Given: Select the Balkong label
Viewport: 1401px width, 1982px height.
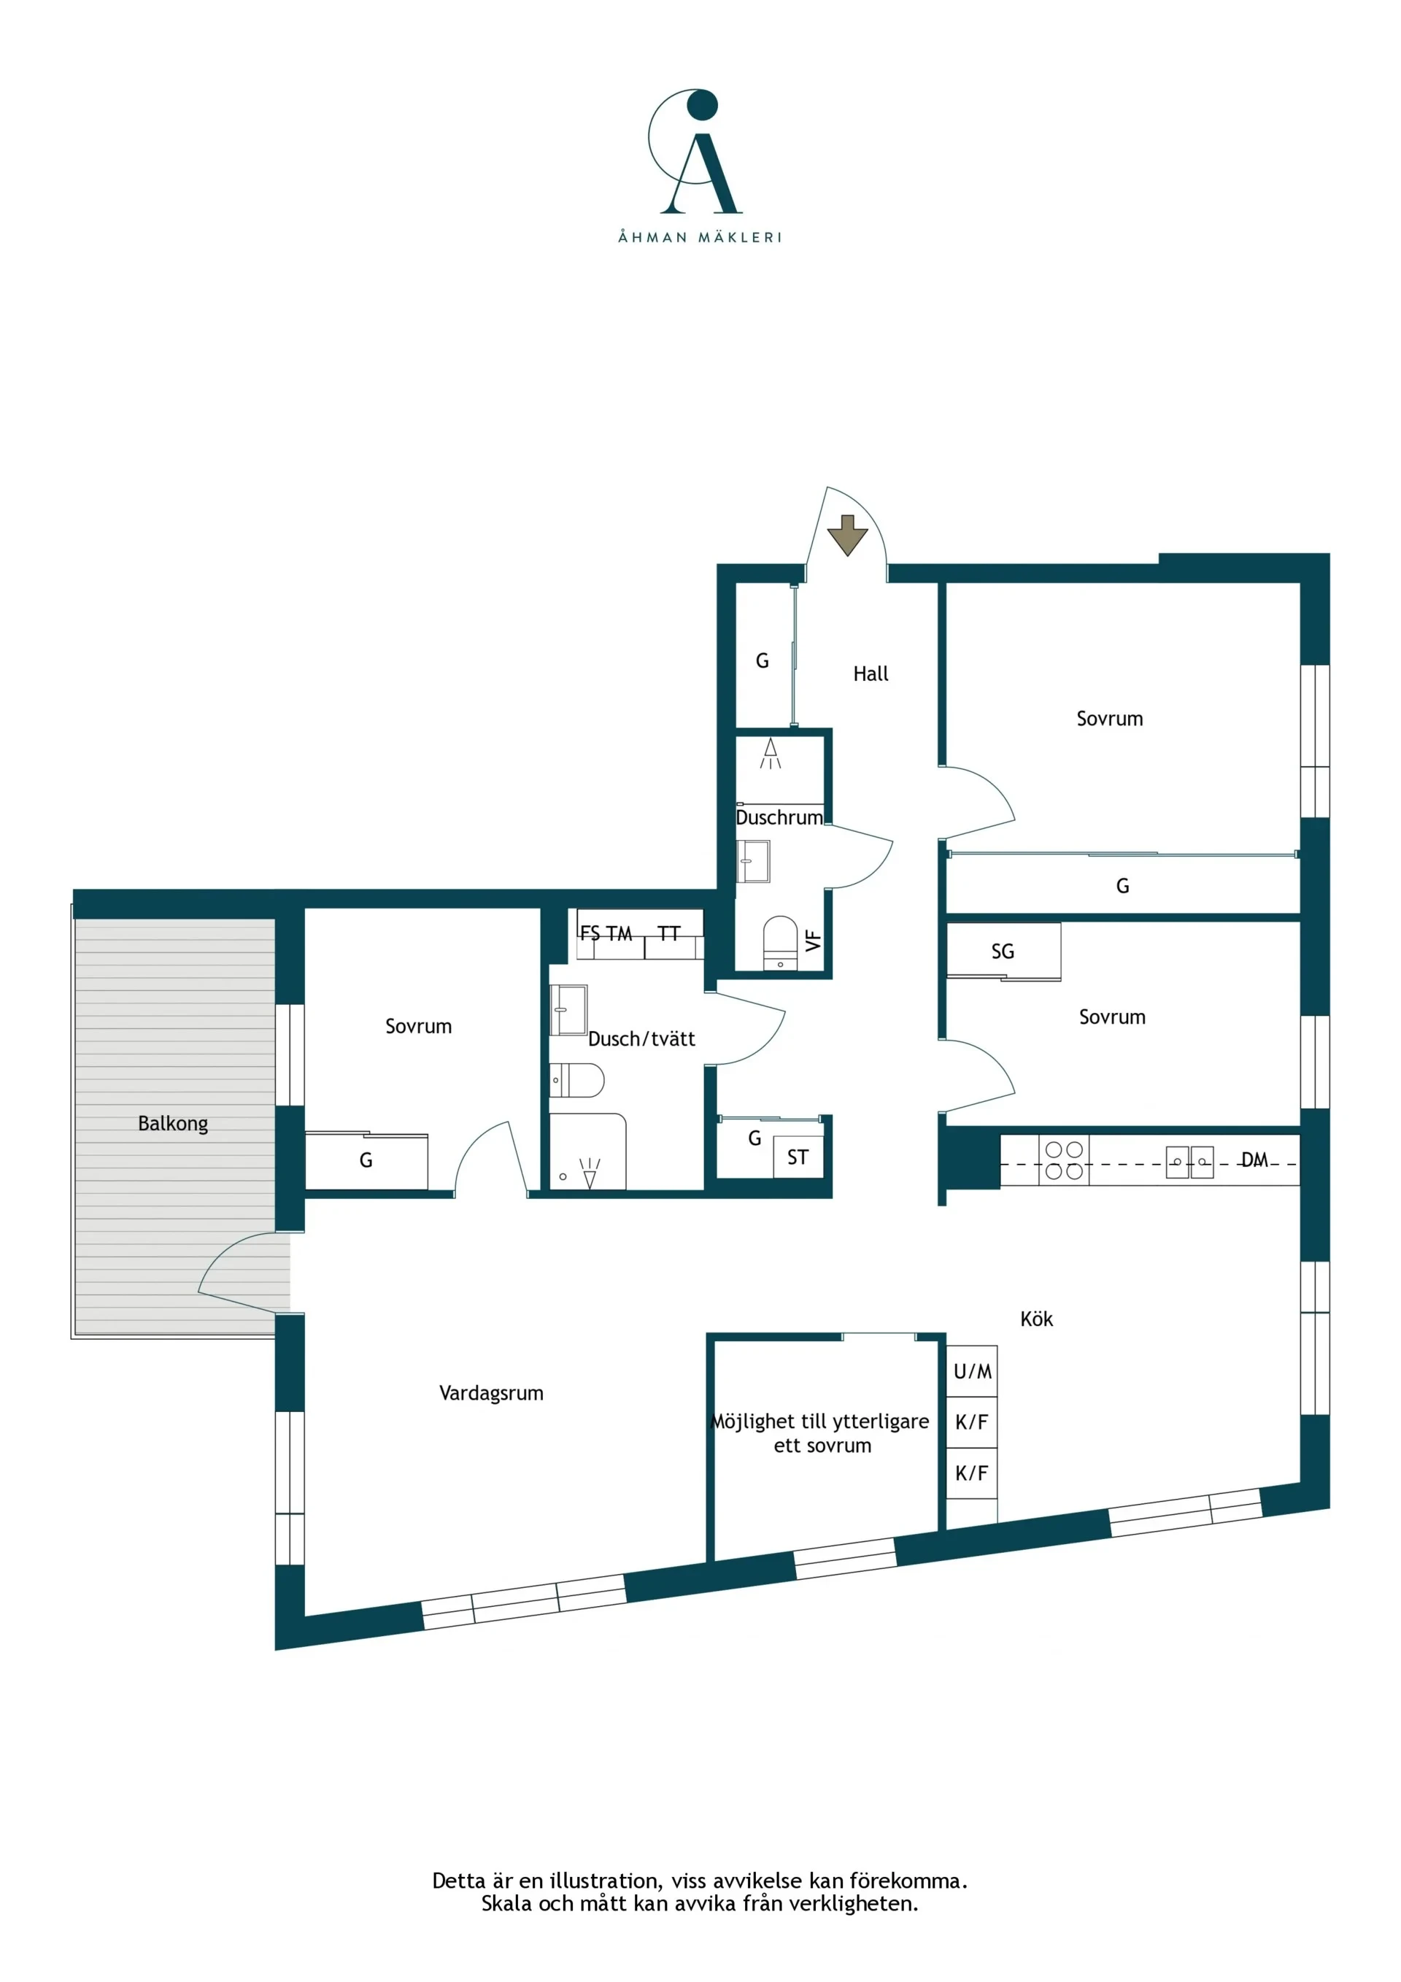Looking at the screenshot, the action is tap(173, 1124).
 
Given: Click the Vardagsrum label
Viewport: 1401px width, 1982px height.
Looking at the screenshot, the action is tap(491, 1392).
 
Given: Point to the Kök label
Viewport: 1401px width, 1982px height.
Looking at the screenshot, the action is tap(1036, 1318).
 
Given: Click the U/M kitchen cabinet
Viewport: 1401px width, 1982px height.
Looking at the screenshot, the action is tap(972, 1370).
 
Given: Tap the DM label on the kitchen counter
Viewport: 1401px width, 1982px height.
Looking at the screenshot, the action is tap(1254, 1160).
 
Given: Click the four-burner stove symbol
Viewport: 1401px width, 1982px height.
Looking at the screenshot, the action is tap(1063, 1160).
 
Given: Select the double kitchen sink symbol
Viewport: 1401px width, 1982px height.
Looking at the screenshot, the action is tap(1189, 1162).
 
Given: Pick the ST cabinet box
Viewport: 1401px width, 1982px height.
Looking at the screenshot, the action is tap(798, 1157).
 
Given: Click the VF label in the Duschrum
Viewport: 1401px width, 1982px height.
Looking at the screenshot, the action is tap(813, 940).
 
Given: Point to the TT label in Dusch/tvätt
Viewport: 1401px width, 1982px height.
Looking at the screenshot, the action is tap(669, 933).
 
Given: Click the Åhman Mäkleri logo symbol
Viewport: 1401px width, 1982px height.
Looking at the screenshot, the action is tap(695, 150).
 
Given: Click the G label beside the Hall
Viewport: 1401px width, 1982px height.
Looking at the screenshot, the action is tap(763, 660).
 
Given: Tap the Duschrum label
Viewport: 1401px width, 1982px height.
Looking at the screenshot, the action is tap(779, 817).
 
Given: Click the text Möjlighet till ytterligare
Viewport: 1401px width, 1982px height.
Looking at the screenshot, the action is tap(820, 1422).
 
